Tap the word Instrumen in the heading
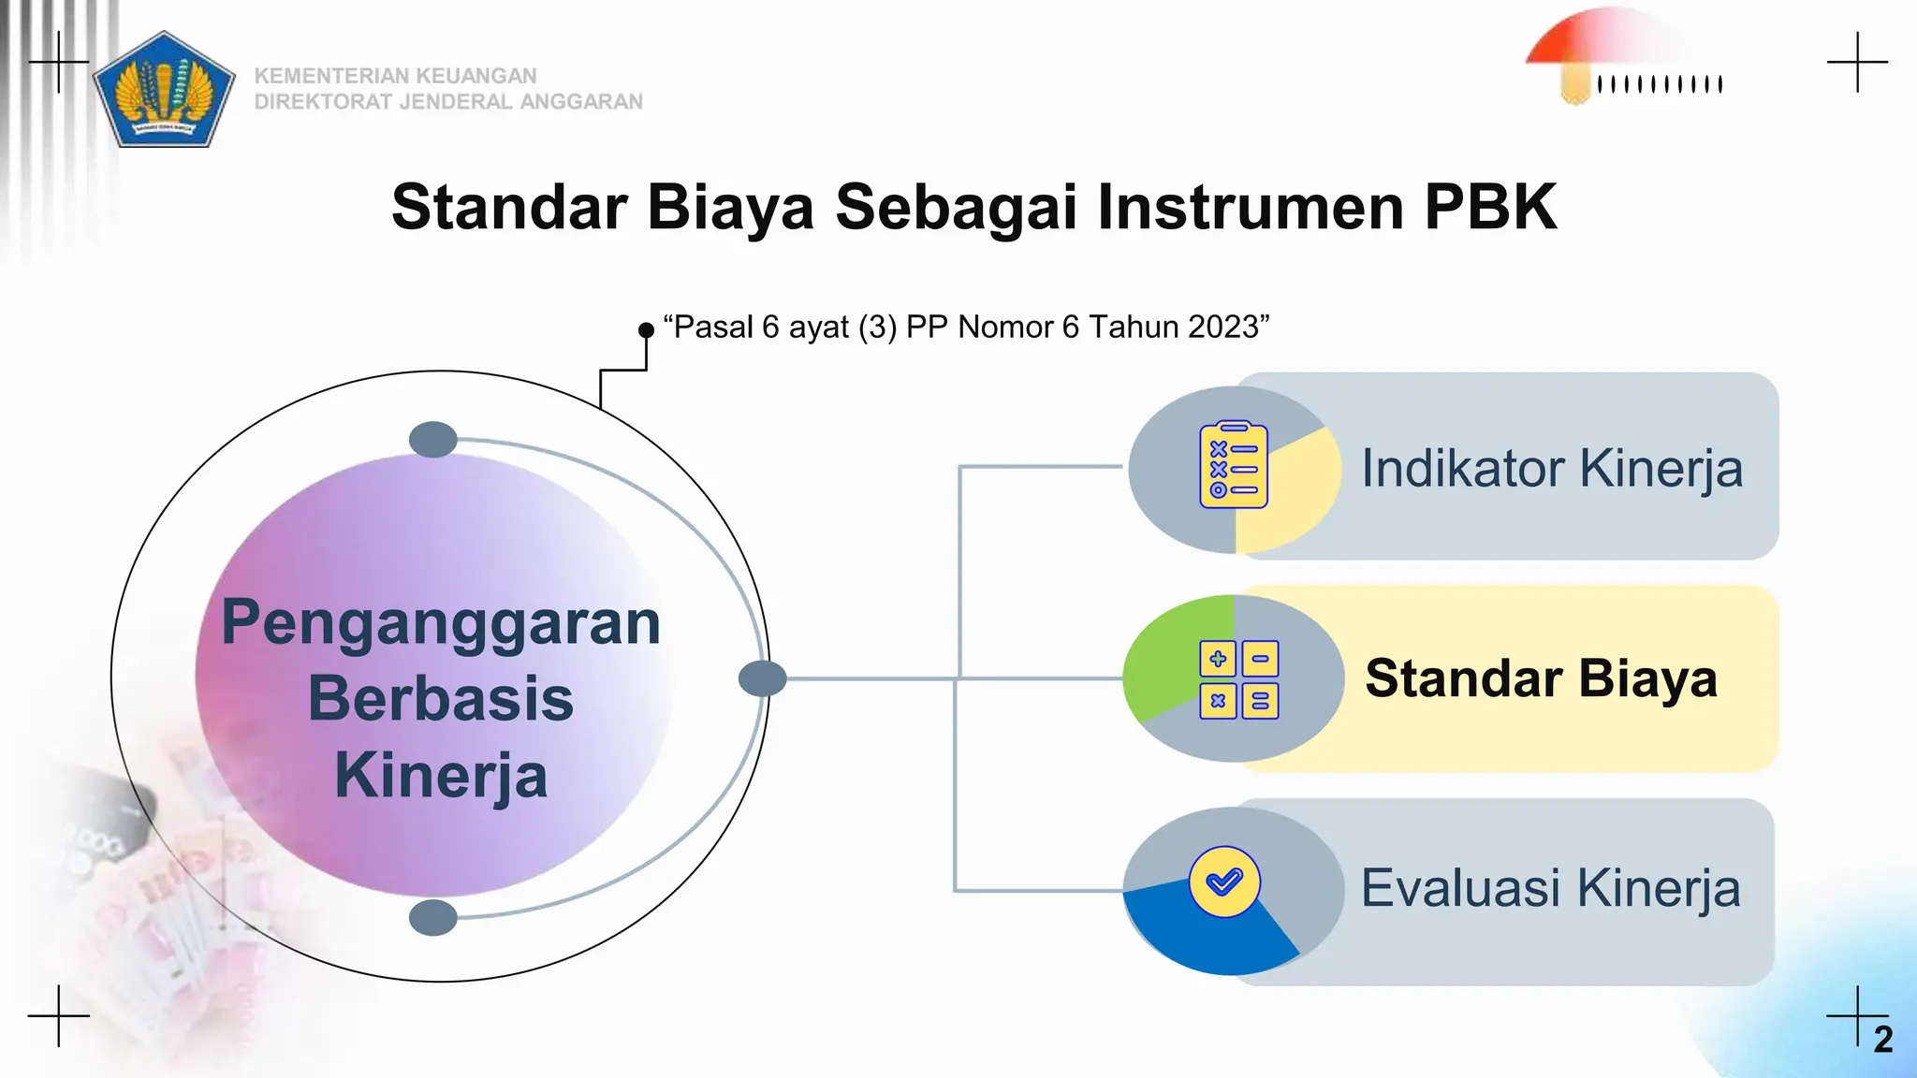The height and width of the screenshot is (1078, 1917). pos(1250,207)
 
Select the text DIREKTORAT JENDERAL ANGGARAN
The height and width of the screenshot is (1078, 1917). pos(448,102)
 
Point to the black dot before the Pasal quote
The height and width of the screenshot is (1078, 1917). pos(646,330)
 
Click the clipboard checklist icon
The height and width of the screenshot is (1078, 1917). pos(1234,465)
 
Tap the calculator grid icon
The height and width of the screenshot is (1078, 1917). pos(1239,680)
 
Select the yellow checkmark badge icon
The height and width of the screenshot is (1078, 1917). pos(1224,881)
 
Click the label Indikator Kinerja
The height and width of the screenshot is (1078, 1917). pos(1551,468)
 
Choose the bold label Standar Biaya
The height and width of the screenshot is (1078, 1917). pos(1541,678)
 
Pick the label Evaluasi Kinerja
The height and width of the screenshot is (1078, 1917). pos(1550,888)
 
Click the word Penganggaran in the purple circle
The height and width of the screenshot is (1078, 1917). pos(441,622)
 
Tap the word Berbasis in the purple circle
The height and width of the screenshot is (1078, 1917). pos(441,699)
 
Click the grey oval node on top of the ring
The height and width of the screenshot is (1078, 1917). pos(433,440)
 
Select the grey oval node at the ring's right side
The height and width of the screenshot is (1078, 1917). pos(762,678)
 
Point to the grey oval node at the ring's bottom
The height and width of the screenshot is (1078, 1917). pos(433,918)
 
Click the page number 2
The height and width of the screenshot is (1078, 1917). pos(1883,1040)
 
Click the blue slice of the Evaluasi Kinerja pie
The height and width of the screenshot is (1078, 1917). pos(1198,936)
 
